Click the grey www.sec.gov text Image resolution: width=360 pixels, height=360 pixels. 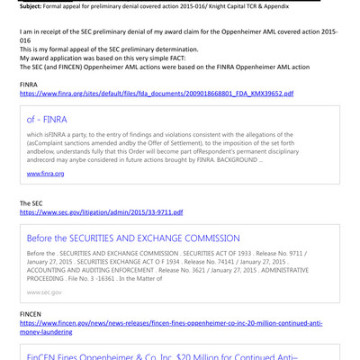point(45,292)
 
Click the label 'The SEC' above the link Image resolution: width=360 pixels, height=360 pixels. point(32,203)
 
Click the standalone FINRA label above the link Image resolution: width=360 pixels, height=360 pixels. point(29,84)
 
